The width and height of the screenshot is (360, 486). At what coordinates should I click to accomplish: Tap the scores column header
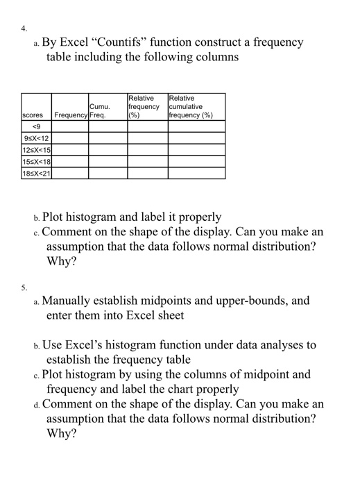33,115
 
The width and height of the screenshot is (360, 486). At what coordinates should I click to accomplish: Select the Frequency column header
69,115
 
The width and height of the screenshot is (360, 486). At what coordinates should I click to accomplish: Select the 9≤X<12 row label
36,139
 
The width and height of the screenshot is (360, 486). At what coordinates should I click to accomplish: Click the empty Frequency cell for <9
70,127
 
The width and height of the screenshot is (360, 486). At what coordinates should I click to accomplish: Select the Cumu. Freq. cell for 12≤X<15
107,151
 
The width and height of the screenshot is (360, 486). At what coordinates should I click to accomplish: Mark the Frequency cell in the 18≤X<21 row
70,174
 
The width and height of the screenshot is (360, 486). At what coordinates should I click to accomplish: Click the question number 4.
24,30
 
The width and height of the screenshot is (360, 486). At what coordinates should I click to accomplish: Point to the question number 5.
24,286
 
